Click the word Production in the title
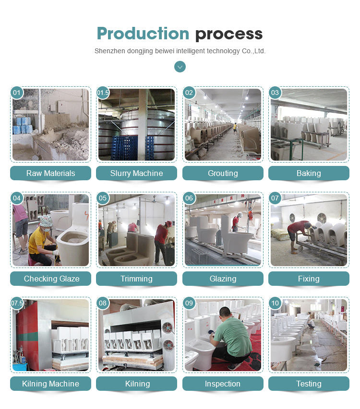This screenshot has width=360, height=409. click(143, 34)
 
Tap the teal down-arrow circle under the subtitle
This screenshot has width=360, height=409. click(180, 67)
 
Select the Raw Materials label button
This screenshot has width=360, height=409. click(51, 173)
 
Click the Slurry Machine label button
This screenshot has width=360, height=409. click(136, 173)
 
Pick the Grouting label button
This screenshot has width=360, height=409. click(223, 173)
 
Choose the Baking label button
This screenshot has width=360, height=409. click(309, 173)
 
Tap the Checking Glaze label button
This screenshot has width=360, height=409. click(51, 279)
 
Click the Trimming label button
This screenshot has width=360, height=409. click(136, 279)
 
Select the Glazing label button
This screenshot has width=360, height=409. click(223, 279)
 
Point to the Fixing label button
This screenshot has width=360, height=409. click(309, 279)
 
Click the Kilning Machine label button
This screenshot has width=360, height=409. click(51, 384)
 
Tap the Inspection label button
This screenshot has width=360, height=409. click(223, 384)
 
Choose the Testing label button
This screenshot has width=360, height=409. click(309, 384)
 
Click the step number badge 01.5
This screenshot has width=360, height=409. click(103, 93)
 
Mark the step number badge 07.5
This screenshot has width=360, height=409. click(17, 303)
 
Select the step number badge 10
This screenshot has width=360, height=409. click(275, 303)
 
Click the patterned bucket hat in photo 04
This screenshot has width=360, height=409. click(46, 221)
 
